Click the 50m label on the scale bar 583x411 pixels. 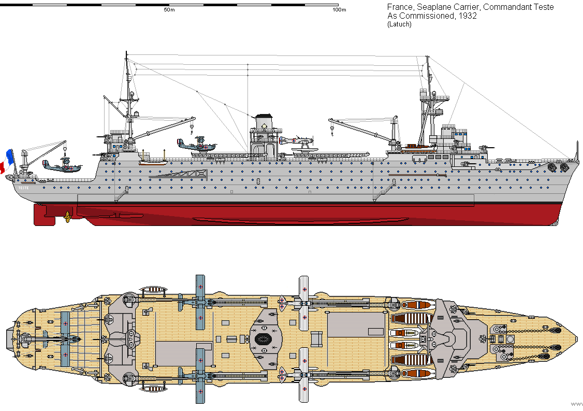(169, 10)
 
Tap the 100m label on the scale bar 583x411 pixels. (339, 10)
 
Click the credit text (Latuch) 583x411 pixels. (399, 24)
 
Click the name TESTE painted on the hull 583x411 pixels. (23, 188)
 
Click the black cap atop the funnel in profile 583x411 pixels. (264, 115)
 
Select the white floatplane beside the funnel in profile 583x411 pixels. (296, 142)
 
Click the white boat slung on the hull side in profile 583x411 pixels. (152, 162)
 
